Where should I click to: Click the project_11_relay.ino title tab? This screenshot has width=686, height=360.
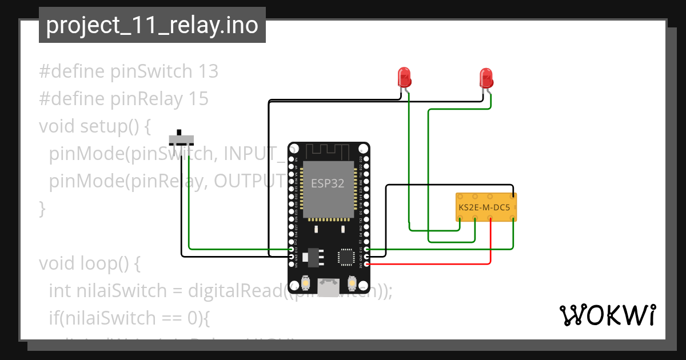click(151, 25)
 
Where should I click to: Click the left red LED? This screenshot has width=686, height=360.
click(404, 77)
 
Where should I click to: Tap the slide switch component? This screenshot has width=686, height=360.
click(182, 139)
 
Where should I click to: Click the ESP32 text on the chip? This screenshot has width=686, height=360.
click(328, 183)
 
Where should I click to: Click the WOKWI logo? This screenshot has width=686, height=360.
click(607, 315)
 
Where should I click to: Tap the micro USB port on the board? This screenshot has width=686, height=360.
click(328, 287)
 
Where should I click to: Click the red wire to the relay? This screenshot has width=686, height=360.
click(490, 246)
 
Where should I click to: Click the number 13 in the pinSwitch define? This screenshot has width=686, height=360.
click(208, 72)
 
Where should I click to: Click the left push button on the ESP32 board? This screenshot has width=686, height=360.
click(305, 283)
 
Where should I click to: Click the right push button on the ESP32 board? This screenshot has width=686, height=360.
click(352, 283)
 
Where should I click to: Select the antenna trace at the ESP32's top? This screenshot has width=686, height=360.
click(327, 152)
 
